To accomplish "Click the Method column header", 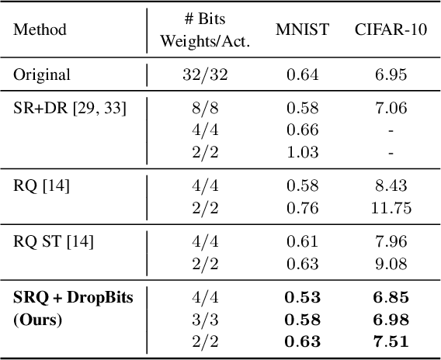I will (x=40, y=30).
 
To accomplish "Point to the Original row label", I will (x=42, y=75).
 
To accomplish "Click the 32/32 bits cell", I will (x=205, y=75).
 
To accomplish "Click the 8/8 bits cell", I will (x=205, y=106).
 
